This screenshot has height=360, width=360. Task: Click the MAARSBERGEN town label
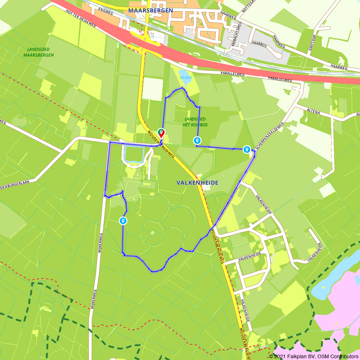pos(150,10)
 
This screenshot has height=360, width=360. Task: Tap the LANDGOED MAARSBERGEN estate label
pos(39,52)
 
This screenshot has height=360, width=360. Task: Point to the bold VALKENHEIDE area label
pos(197,183)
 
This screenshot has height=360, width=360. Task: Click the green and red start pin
pos(161,133)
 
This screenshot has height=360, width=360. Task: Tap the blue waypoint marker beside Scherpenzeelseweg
pos(247,149)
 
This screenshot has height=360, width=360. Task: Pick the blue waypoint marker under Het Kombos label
pos(197,140)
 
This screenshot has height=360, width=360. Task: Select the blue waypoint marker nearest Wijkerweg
pos(123,220)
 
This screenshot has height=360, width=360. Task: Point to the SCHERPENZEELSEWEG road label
pos(269,136)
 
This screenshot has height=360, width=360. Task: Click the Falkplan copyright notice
pos(314,356)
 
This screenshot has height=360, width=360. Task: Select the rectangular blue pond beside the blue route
pos(134,154)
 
